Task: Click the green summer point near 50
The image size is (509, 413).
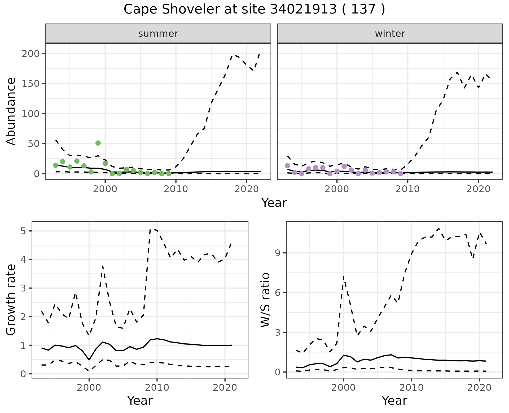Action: click(x=98, y=143)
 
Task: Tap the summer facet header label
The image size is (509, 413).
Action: click(x=158, y=34)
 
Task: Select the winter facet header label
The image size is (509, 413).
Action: click(x=390, y=34)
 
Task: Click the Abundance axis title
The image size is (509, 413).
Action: click(x=11, y=111)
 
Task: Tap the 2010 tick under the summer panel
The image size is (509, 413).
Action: click(x=176, y=189)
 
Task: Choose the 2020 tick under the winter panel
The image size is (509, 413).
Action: click(x=479, y=189)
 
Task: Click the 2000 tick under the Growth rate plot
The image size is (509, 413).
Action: click(x=89, y=388)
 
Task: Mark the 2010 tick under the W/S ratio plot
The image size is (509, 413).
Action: click(x=411, y=388)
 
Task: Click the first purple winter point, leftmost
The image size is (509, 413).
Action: click(x=287, y=166)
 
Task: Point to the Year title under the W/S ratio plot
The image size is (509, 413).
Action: click(x=394, y=401)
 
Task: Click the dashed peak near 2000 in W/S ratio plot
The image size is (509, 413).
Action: click(x=344, y=276)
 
